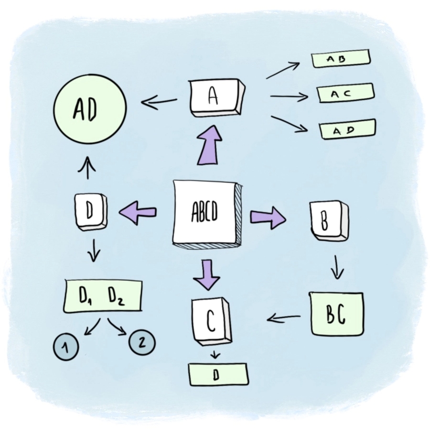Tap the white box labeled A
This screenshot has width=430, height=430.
click(215, 97)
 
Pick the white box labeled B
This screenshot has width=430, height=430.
click(328, 221)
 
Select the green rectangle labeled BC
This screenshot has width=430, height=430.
click(336, 313)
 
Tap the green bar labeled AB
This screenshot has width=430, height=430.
click(341, 59)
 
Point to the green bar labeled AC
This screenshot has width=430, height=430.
click(346, 93)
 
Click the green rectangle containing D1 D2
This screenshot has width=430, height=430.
click(103, 296)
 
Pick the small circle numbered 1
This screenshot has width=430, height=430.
click(66, 345)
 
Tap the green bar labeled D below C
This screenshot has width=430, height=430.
click(218, 374)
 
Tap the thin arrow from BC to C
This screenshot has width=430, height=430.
click(284, 317)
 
